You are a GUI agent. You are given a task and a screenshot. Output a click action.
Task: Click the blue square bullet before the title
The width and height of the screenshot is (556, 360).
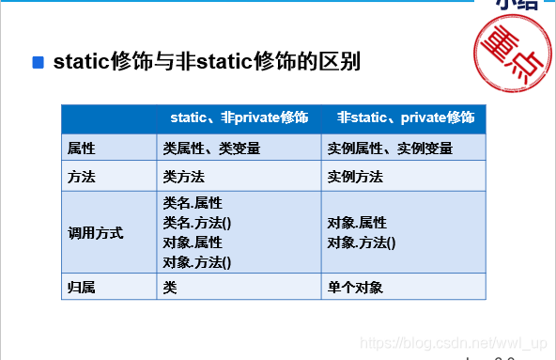(39, 63)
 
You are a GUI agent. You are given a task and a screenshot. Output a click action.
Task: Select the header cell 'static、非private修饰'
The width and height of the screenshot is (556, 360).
(239, 117)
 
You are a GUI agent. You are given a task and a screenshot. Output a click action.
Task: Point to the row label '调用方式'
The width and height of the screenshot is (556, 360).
(95, 232)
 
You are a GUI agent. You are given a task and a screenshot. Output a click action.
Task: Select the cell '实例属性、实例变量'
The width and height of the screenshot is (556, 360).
(390, 148)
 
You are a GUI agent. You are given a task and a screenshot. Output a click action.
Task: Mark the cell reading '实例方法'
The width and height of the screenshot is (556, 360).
(354, 176)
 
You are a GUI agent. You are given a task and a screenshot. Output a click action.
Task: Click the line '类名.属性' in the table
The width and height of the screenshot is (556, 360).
(193, 202)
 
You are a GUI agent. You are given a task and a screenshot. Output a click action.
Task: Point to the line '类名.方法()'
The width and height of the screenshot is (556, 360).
(197, 222)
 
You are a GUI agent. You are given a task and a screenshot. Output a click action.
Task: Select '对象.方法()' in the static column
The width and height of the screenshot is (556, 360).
(197, 262)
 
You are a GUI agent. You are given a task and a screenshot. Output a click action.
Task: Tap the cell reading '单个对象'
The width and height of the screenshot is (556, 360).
(354, 287)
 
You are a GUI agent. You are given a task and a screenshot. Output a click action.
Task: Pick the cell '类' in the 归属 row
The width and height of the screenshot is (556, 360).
(169, 287)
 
